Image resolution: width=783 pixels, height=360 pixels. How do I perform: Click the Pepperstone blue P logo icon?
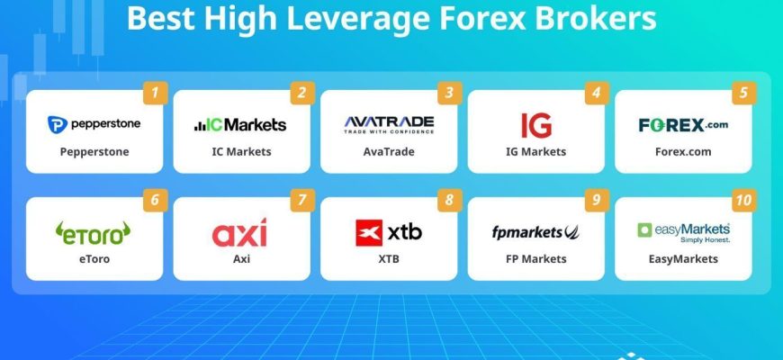pos(58,124)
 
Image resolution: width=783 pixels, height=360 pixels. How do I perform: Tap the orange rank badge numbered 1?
pos(156,93)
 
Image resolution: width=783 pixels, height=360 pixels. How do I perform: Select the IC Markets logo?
pos(240,124)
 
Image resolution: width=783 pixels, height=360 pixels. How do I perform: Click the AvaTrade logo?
pos(389,125)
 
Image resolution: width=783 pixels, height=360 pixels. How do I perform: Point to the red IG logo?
pos(536,125)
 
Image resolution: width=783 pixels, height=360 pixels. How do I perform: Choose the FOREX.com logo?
pos(683,125)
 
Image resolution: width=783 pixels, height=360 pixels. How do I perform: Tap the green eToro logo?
pos(93,233)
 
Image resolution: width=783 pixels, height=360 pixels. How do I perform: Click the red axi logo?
pos(239,233)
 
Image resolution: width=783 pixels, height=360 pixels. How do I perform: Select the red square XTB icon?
pos(369,233)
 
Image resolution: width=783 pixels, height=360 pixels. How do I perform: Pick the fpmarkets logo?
pos(535,232)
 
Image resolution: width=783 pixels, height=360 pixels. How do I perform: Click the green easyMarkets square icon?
pos(644,230)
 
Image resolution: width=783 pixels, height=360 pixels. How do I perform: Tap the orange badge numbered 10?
pos(744,200)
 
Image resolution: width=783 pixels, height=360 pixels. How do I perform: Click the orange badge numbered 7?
pos(302,200)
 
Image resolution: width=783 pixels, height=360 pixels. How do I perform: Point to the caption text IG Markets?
pos(535,152)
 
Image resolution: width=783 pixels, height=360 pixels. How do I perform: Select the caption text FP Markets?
pos(535,259)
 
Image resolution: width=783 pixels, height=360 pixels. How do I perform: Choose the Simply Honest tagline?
pos(705,239)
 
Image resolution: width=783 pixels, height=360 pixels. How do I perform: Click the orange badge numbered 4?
pos(597,93)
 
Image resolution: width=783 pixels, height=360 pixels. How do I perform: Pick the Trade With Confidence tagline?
pos(389,131)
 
